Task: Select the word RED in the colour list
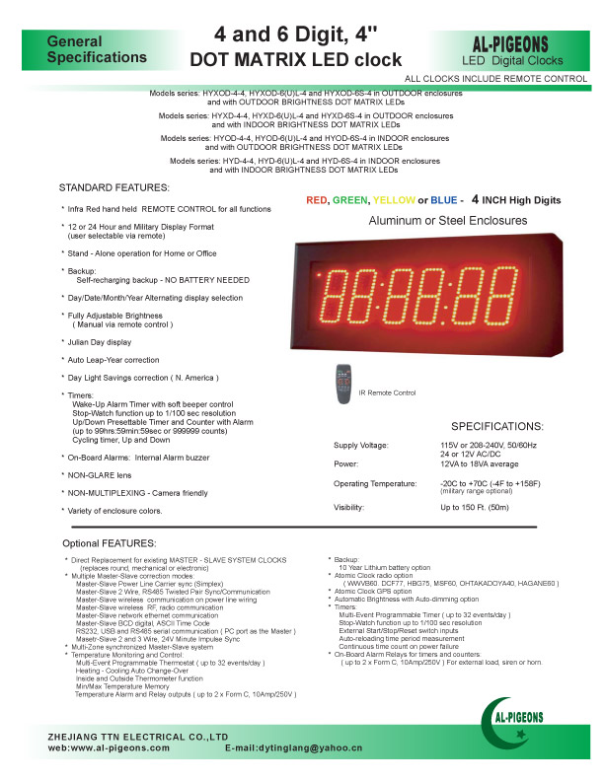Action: (317, 200)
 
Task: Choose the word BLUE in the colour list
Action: (445, 200)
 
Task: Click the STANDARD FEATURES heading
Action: (113, 187)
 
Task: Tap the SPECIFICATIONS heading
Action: (496, 427)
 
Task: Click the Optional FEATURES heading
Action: (109, 543)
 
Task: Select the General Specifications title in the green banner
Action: (82, 51)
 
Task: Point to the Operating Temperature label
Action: (378, 484)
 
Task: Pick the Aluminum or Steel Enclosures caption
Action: (447, 221)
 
